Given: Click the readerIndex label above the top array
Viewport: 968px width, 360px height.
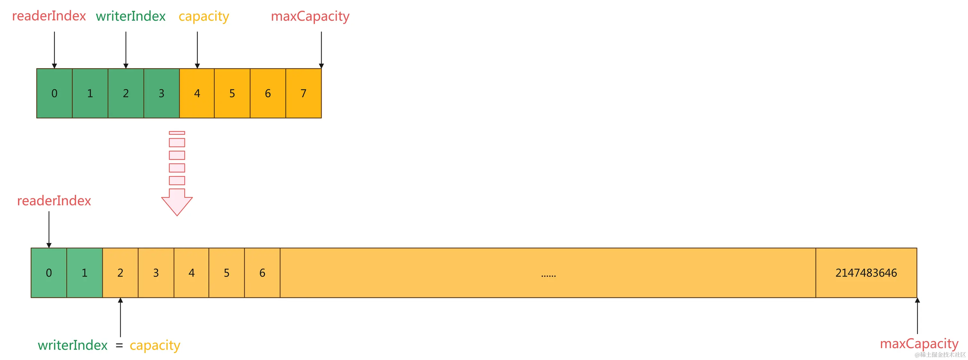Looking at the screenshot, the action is (49, 16).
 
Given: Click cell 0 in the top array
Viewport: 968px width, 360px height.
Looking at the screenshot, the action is (54, 93).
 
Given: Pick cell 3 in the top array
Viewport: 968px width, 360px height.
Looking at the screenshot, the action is (162, 93).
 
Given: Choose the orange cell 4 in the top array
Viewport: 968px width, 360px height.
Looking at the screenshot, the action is (197, 93).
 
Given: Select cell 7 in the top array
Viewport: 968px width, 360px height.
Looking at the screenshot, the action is (304, 93).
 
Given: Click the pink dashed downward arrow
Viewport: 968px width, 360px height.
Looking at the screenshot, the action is (177, 177).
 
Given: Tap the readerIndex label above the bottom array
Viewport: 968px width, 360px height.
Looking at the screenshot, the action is (54, 201).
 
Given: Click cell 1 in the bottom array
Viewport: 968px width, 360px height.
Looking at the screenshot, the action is (85, 273).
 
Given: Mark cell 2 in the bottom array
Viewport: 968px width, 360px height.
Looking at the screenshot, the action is (120, 273).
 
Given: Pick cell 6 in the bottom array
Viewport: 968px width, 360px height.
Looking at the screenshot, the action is (262, 273).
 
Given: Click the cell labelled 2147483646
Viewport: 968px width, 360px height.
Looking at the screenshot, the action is (866, 273).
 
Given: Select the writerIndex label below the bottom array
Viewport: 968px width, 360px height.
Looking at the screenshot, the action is (73, 345).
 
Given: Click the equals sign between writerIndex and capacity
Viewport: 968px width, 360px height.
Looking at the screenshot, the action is (119, 345).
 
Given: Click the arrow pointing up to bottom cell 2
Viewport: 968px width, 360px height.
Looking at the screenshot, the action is (120, 317).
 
